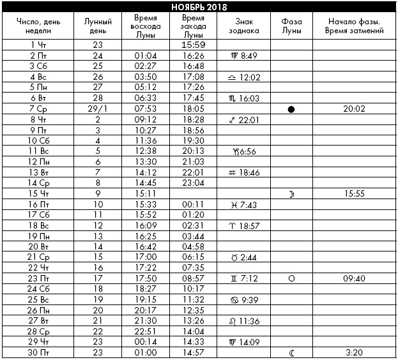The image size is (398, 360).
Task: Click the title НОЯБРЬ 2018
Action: pyautogui.click(x=199, y=7)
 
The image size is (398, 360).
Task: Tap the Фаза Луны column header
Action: pyautogui.click(x=291, y=26)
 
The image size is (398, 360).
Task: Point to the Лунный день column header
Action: pyautogui.click(x=98, y=26)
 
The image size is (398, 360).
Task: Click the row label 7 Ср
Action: pyautogui.click(x=40, y=109)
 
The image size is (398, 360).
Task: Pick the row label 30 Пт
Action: pyautogui.click(x=40, y=352)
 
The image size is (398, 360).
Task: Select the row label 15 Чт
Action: pyautogui.click(x=40, y=193)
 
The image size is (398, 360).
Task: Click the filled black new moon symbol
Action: pyautogui.click(x=291, y=109)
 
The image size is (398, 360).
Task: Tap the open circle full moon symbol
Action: pyautogui.click(x=291, y=278)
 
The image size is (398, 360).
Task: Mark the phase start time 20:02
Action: pyautogui.click(x=354, y=109)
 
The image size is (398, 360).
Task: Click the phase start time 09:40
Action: pyautogui.click(x=354, y=278)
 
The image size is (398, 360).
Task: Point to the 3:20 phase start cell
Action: pyautogui.click(x=354, y=352)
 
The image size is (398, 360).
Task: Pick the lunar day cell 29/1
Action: pyautogui.click(x=98, y=109)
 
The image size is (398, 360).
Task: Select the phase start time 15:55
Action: pyautogui.click(x=354, y=193)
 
